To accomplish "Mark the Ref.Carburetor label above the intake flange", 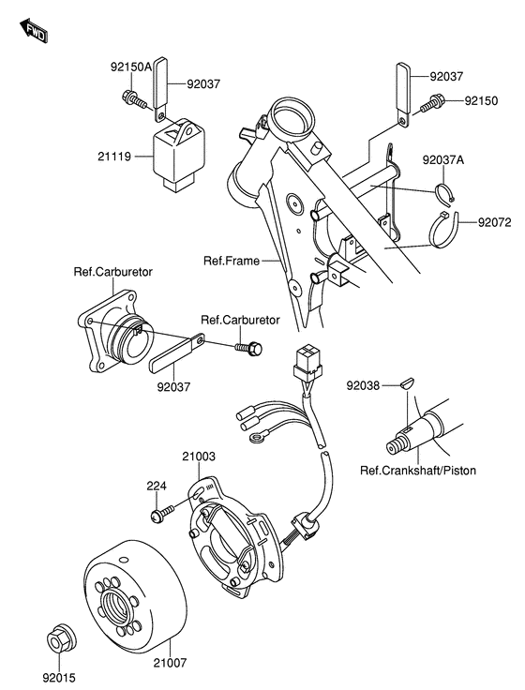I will pos(113,272).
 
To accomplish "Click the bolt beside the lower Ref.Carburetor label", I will pos(250,349).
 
